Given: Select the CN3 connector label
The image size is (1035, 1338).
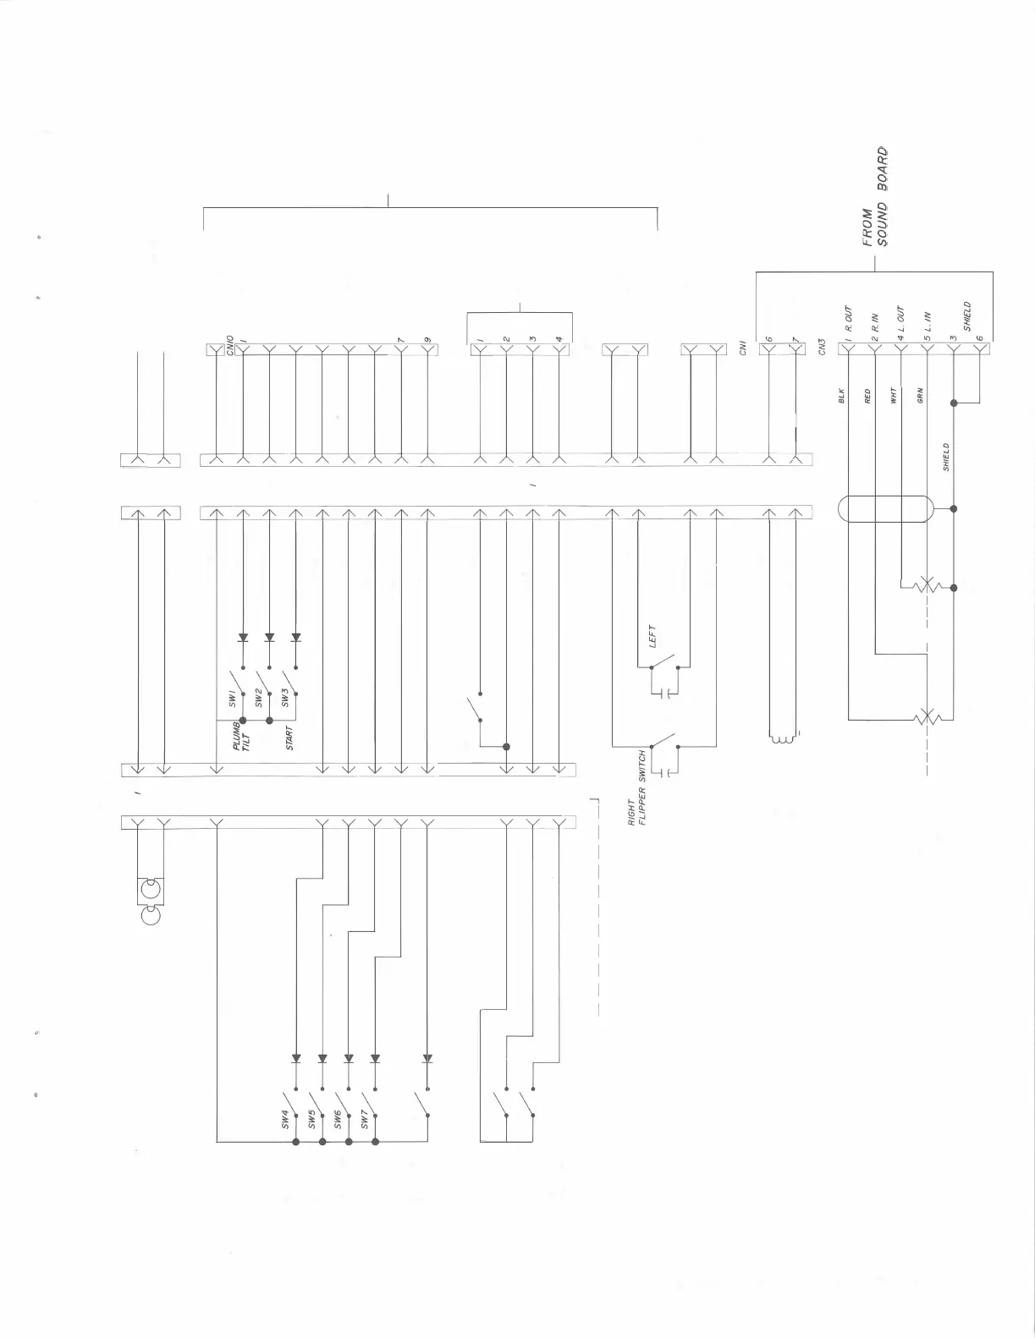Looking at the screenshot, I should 823,348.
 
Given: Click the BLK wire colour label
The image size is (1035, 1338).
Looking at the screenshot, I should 842,395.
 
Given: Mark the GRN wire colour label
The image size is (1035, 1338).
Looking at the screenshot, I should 920,395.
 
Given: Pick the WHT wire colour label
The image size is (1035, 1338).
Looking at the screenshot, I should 894,395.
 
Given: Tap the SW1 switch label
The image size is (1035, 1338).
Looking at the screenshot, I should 231,699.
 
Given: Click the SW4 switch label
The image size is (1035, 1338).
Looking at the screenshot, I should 285,1119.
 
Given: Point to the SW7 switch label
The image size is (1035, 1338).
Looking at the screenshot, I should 365,1119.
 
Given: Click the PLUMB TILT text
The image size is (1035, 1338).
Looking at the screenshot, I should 242,737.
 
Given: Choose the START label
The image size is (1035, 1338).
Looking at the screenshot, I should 289,738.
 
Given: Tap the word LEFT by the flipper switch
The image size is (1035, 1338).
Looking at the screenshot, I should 652,636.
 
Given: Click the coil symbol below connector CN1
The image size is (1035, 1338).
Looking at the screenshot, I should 781,740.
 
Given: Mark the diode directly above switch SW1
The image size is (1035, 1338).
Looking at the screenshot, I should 243,638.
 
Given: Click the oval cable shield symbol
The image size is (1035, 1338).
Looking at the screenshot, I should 885,509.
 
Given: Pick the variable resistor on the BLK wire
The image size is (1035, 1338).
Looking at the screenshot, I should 928,719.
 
